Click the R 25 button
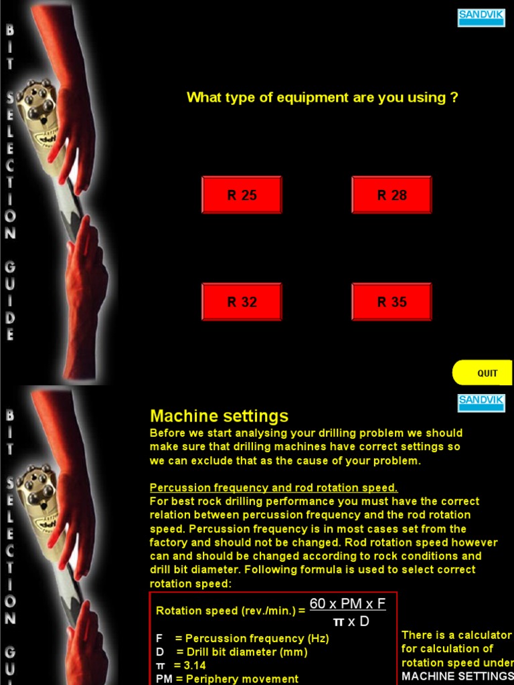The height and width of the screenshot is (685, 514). (x=242, y=195)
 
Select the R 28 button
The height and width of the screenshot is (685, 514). (x=392, y=195)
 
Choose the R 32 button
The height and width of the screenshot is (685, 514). (x=242, y=302)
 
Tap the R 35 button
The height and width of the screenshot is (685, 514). (x=392, y=302)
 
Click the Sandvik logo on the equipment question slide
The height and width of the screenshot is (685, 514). (x=481, y=17)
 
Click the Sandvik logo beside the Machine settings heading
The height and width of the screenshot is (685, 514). (x=481, y=403)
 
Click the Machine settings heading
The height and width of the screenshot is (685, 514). (x=219, y=415)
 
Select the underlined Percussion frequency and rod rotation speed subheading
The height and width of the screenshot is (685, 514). (x=273, y=488)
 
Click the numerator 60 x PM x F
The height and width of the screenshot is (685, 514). (x=347, y=603)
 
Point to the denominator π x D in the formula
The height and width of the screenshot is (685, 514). (x=351, y=621)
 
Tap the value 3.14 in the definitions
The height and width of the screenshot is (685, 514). (x=194, y=665)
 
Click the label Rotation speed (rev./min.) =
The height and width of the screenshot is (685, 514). (x=230, y=611)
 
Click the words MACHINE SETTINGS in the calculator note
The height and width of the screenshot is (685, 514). (x=457, y=676)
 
